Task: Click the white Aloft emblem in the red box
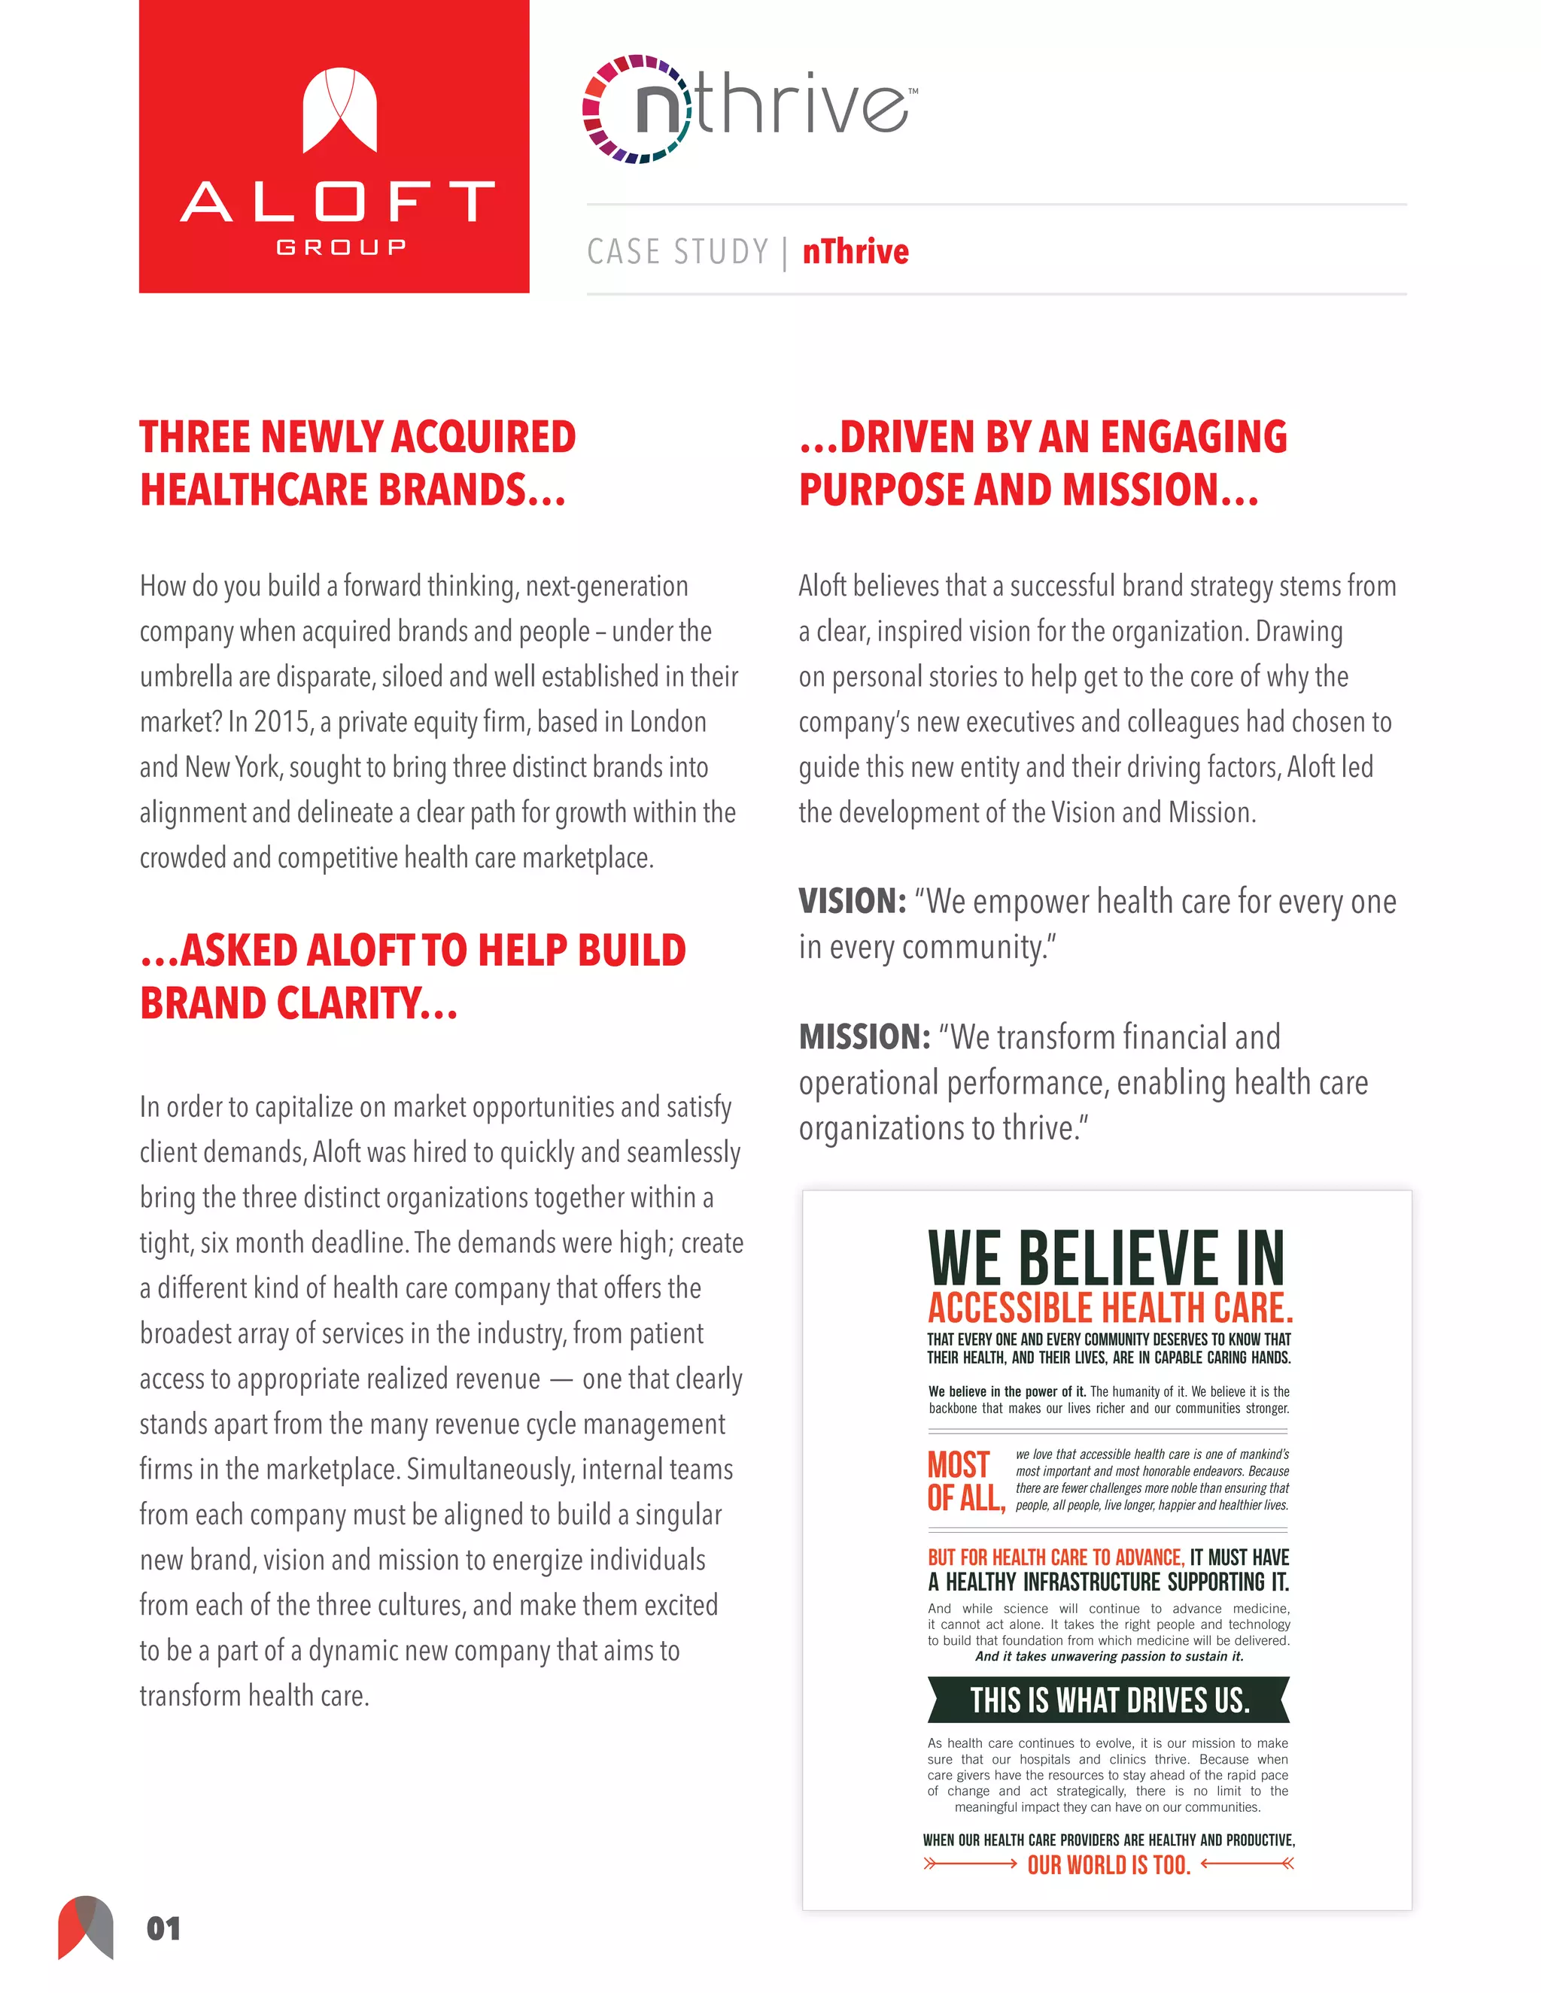[x=339, y=110]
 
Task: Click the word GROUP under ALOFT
[x=341, y=247]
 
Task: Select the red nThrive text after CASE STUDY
[x=856, y=252]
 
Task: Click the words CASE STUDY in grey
[x=677, y=252]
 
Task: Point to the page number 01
[x=163, y=1928]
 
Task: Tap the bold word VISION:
[x=852, y=902]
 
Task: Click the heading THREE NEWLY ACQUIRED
[x=357, y=437]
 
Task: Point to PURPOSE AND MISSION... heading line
[x=1028, y=490]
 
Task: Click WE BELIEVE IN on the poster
[x=1105, y=1258]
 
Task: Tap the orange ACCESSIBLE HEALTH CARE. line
[x=1109, y=1309]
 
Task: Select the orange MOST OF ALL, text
[x=964, y=1481]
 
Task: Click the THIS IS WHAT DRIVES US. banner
[x=1108, y=1701]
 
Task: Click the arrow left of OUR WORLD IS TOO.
[x=969, y=1864]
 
